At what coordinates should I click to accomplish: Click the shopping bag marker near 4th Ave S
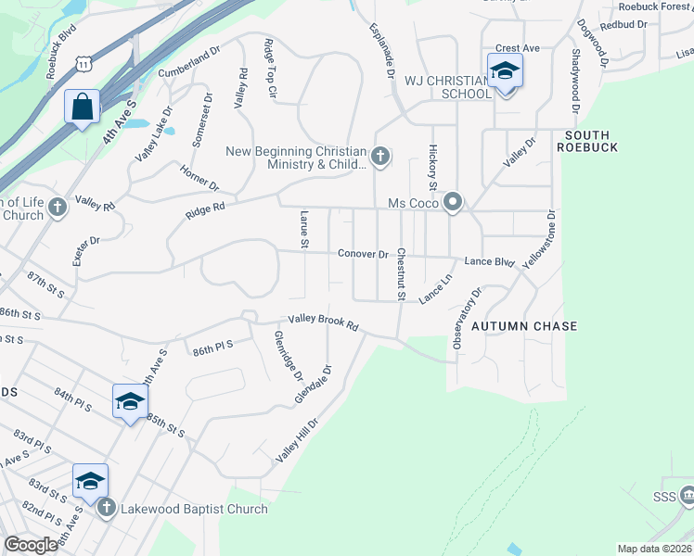click(x=82, y=107)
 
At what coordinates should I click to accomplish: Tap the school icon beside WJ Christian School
click(x=505, y=71)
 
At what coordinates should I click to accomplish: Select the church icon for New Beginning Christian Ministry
click(x=380, y=155)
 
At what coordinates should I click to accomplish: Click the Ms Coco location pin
click(x=453, y=202)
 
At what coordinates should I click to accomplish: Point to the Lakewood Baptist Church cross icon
click(x=106, y=508)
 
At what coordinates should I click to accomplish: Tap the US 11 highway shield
click(x=84, y=64)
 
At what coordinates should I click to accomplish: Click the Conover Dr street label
click(x=362, y=253)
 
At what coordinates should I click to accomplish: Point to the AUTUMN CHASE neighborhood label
click(x=524, y=326)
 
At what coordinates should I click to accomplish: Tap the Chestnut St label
click(x=402, y=273)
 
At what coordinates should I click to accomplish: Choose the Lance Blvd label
click(x=489, y=262)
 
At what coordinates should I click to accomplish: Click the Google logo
click(x=31, y=545)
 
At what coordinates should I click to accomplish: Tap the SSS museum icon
click(x=686, y=496)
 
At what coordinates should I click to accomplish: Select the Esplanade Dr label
click(x=382, y=50)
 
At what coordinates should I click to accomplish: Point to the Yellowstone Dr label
click(x=539, y=239)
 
